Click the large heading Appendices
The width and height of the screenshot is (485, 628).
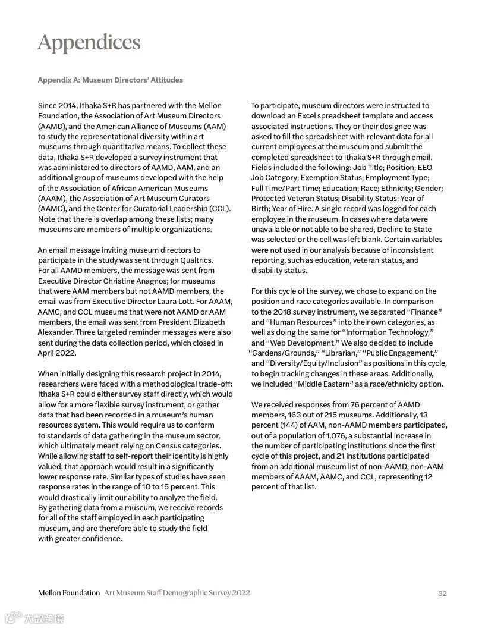click(89, 43)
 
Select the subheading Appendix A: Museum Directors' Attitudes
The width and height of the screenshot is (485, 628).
click(110, 80)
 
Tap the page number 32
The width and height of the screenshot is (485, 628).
click(442, 593)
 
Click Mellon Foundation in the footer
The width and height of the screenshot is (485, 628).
click(69, 593)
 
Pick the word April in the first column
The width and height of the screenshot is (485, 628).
click(48, 353)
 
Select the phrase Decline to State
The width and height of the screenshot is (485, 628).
click(399, 229)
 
